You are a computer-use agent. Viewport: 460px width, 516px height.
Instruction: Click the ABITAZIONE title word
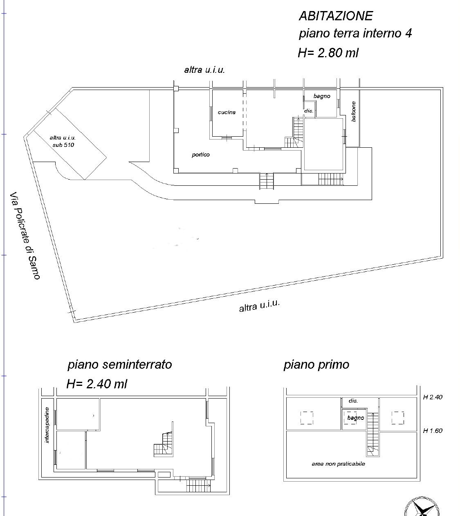pyautogui.click(x=336, y=16)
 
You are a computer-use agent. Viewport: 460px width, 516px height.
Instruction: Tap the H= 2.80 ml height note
pyautogui.click(x=328, y=53)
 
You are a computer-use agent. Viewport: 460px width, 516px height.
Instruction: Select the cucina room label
pyautogui.click(x=227, y=112)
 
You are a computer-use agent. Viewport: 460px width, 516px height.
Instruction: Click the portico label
pyautogui.click(x=201, y=155)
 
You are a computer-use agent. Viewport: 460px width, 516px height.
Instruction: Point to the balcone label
pyautogui.click(x=353, y=112)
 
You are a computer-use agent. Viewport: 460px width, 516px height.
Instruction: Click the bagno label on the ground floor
pyautogui.click(x=322, y=96)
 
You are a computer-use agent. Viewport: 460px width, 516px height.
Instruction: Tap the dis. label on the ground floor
pyautogui.click(x=309, y=111)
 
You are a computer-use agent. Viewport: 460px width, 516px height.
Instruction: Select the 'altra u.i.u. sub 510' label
pyautogui.click(x=63, y=141)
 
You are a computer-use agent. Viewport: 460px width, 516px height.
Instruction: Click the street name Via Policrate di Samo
pyautogui.click(x=25, y=236)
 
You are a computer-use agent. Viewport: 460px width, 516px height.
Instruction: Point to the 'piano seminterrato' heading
pyautogui.click(x=120, y=365)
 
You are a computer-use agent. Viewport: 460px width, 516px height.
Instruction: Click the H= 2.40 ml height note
pyautogui.click(x=97, y=384)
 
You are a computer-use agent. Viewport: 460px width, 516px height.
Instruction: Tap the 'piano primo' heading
pyautogui.click(x=316, y=365)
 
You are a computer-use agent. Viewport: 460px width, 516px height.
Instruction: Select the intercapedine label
pyautogui.click(x=47, y=425)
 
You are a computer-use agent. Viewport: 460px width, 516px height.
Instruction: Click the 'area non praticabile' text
pyautogui.click(x=338, y=464)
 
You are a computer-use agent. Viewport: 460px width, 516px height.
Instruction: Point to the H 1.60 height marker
pyautogui.click(x=433, y=430)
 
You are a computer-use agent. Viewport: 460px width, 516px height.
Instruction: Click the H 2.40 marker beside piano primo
pyautogui.click(x=433, y=397)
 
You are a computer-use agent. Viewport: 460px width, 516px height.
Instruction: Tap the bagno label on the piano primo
pyautogui.click(x=356, y=418)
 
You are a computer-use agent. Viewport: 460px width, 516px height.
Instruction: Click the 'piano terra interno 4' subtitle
pyautogui.click(x=355, y=34)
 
